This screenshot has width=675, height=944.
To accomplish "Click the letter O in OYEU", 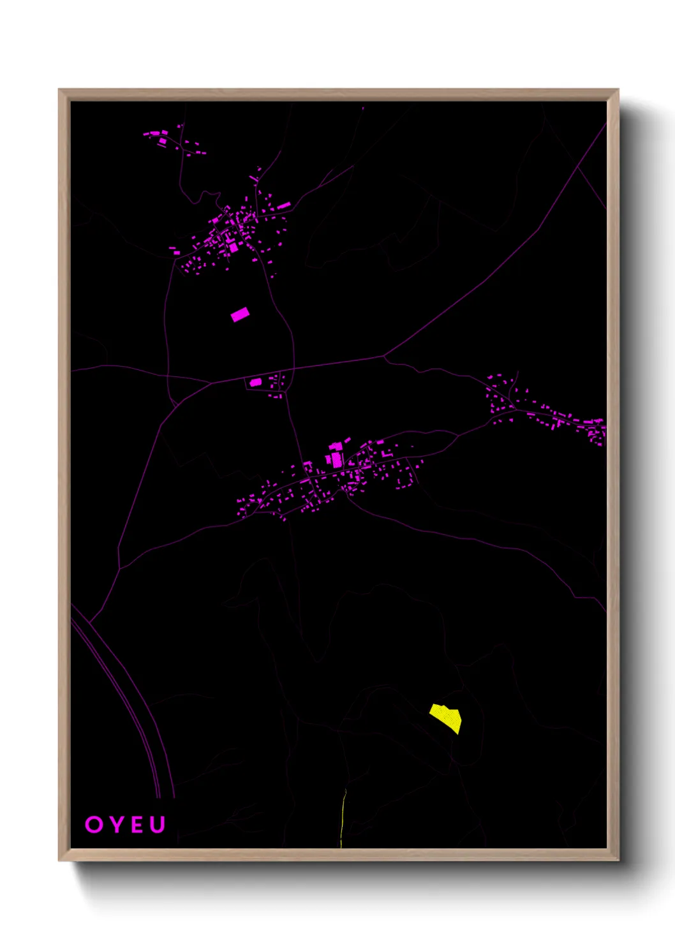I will (93, 824).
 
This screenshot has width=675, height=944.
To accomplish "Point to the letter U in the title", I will (158, 824).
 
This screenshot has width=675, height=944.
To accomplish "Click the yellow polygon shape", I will (446, 717).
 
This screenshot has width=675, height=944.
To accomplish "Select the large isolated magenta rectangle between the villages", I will (240, 314).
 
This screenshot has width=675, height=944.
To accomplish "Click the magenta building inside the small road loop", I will (255, 382).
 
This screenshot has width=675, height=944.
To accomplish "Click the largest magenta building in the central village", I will (336, 459).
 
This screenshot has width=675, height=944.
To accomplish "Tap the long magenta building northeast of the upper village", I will (283, 205).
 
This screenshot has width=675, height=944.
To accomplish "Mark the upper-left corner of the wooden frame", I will (60, 91).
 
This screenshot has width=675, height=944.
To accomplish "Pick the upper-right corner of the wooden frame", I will (618, 91).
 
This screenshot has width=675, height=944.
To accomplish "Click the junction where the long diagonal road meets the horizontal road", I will (384, 355).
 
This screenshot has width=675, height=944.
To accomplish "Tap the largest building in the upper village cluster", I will (234, 247).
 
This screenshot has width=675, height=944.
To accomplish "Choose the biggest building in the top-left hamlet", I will (163, 140).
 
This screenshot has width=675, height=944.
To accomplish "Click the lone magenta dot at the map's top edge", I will (363, 108).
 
